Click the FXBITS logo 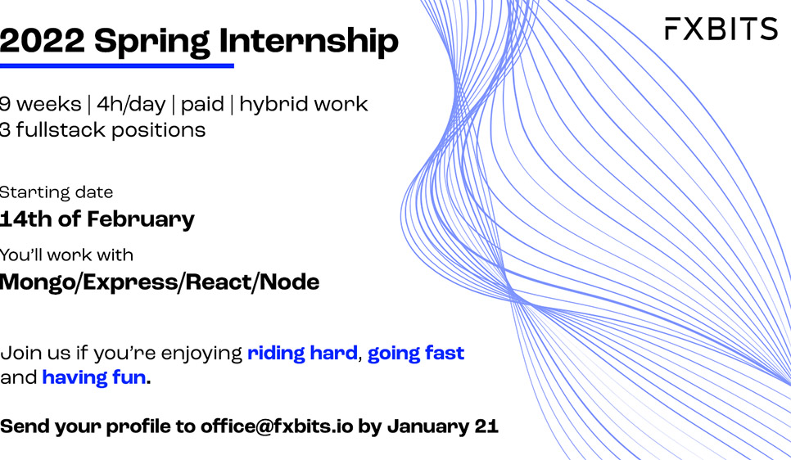(721, 29)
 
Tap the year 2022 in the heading (43, 40)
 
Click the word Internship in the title (309, 42)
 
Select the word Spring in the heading (151, 43)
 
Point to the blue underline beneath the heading (116, 65)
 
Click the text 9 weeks (40, 104)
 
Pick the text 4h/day (131, 105)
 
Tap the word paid (202, 105)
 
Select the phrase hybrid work (303, 105)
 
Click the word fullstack (61, 130)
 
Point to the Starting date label (56, 192)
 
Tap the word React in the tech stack (219, 282)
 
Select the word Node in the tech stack (290, 282)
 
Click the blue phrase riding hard (302, 353)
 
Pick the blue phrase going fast (416, 354)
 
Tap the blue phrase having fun (94, 378)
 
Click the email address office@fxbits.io (277, 426)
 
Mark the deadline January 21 (443, 426)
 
